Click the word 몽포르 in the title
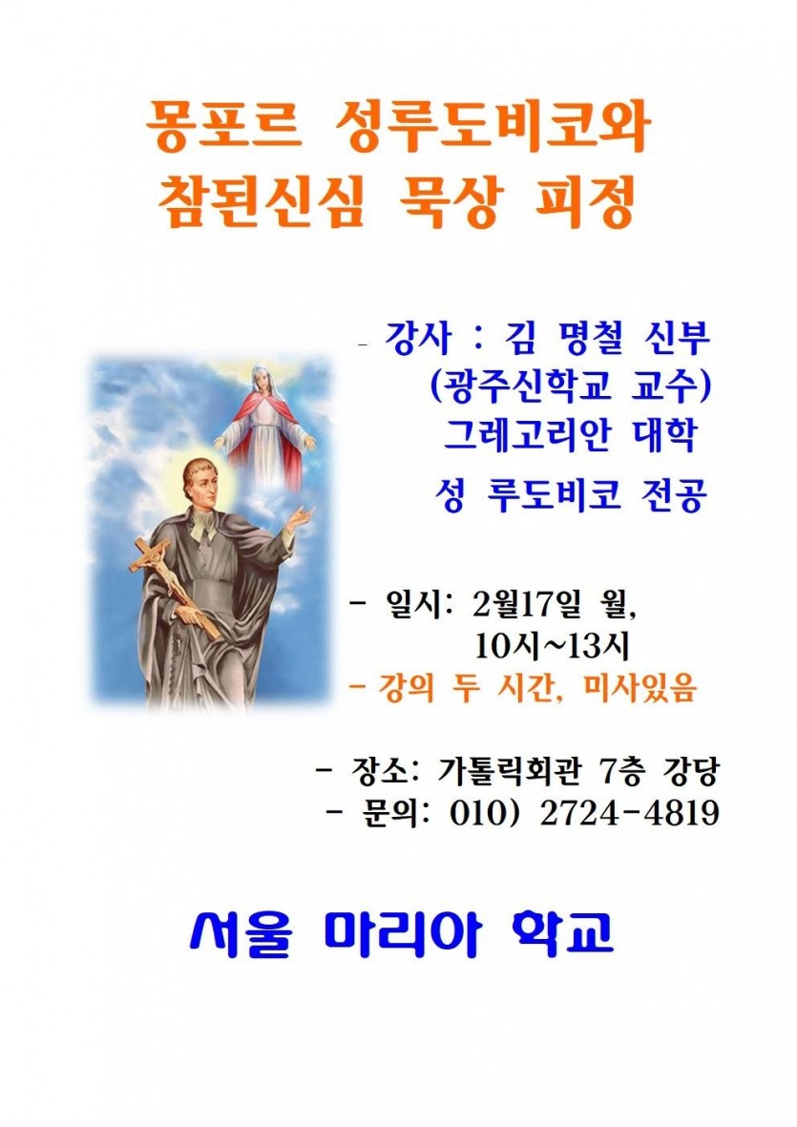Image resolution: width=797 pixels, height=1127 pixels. (x=222, y=128)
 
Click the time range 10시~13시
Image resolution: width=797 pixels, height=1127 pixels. (x=551, y=646)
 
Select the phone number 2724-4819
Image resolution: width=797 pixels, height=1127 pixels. (x=630, y=813)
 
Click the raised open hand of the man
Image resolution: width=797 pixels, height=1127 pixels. (x=301, y=519)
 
